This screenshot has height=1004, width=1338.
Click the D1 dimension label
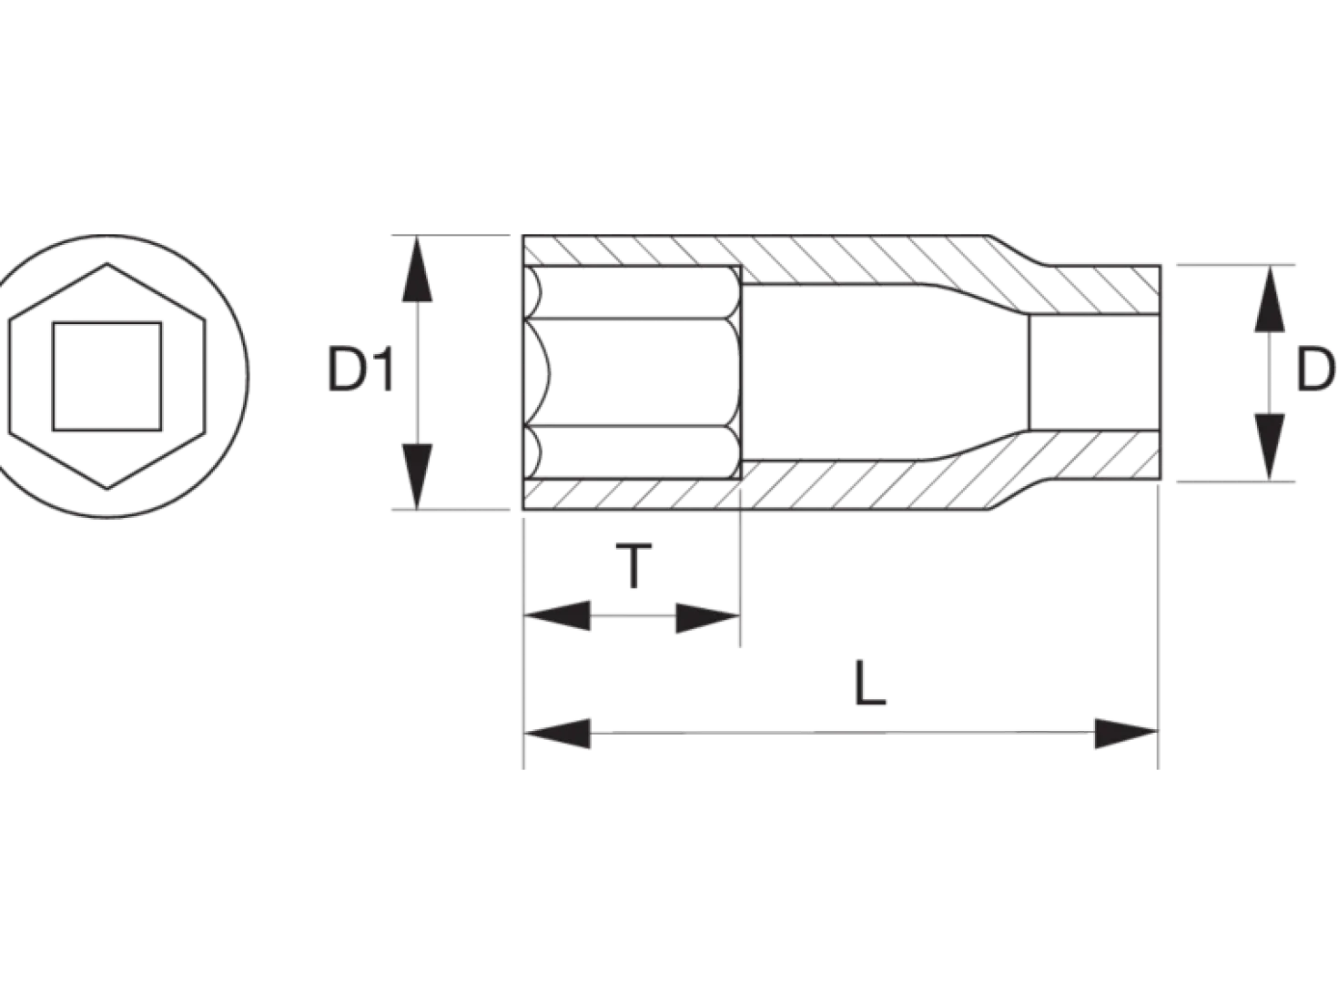point(361,369)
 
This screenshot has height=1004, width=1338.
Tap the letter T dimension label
point(634,566)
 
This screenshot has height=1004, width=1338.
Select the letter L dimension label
point(869,684)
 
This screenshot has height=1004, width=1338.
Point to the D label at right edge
point(1315,370)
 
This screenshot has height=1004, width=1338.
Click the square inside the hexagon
point(107,376)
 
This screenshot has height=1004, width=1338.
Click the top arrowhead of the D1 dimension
point(417,269)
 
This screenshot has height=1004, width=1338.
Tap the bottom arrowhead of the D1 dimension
point(417,476)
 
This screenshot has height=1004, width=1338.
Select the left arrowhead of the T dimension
point(557,615)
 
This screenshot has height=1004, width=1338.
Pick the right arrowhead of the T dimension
point(708,618)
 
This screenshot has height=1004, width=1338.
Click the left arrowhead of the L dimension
point(557,734)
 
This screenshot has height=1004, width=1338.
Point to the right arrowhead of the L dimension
point(1126,734)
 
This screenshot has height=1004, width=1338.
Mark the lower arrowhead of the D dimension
point(1270,447)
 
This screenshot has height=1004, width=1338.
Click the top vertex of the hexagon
point(107,263)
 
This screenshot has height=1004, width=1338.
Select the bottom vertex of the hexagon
point(107,489)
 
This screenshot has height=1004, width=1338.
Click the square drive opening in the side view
point(1094,372)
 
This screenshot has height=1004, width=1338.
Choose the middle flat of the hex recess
point(632,372)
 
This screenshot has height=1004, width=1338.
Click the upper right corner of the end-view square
point(161,323)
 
